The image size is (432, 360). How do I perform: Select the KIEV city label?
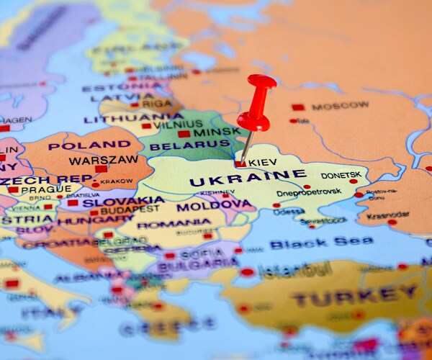click(x=262, y=163)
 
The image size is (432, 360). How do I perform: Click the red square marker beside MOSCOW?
click(x=298, y=107)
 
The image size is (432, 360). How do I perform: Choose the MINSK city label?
click(x=215, y=132)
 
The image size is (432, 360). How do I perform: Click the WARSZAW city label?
click(x=103, y=160)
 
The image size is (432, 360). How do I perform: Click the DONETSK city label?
click(x=340, y=174)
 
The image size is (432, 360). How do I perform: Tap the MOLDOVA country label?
click(x=213, y=206)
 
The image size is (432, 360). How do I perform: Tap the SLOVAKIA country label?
click(x=122, y=202)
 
